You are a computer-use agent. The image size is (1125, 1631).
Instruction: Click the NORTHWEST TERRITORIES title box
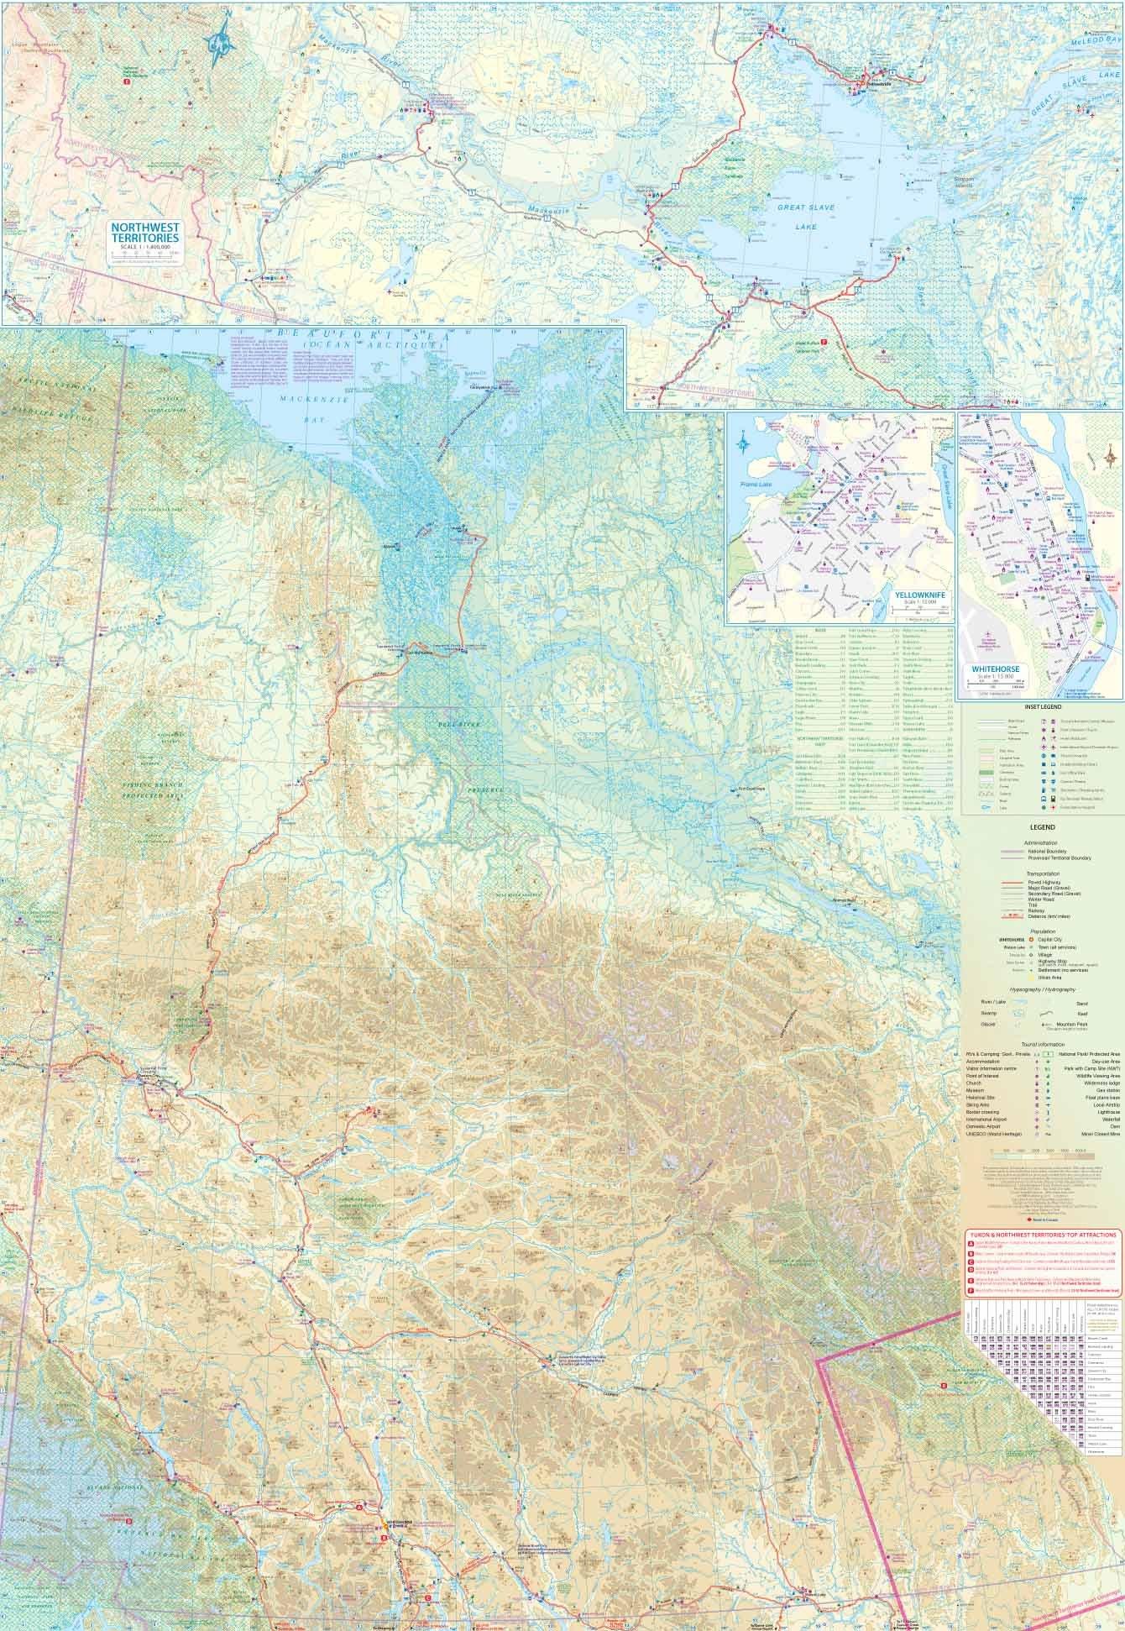coord(148,234)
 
